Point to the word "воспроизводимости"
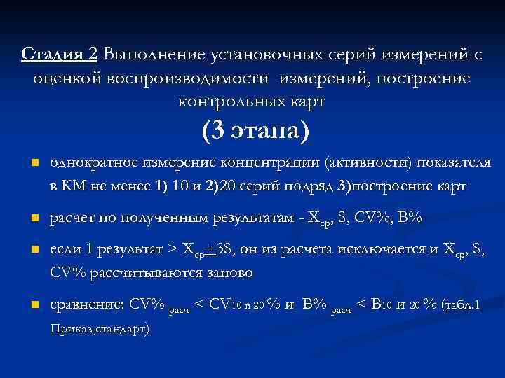pyautogui.click(x=189, y=78)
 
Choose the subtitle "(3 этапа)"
pyautogui.click(x=255, y=131)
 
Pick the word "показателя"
pyautogui.click(x=452, y=164)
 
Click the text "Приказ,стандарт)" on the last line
pyautogui.click(x=99, y=327)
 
